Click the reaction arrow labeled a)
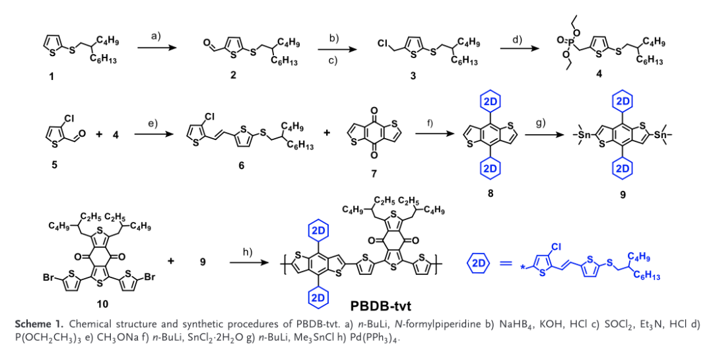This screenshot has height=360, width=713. (x=157, y=48)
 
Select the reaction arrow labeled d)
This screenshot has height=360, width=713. (x=518, y=48)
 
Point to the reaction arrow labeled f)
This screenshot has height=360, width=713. (x=431, y=135)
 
